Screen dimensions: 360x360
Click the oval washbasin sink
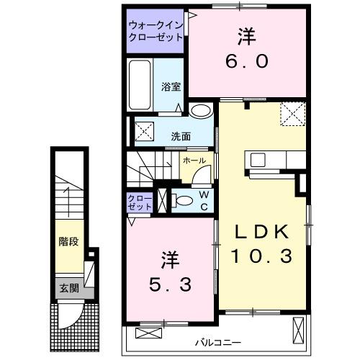coord(202,111)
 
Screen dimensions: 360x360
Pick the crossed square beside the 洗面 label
coord(143,132)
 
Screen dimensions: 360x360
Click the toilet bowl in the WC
coord(184,201)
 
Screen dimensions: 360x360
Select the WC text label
coord(204,201)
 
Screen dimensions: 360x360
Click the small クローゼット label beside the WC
coord(140,202)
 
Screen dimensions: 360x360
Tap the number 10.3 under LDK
coord(261,255)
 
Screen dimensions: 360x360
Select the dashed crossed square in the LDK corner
coord(292,113)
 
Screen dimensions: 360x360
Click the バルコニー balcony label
coord(217,341)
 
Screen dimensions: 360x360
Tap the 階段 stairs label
coord(69,243)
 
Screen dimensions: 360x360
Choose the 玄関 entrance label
coord(69,289)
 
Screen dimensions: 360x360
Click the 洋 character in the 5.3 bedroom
coord(168,258)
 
